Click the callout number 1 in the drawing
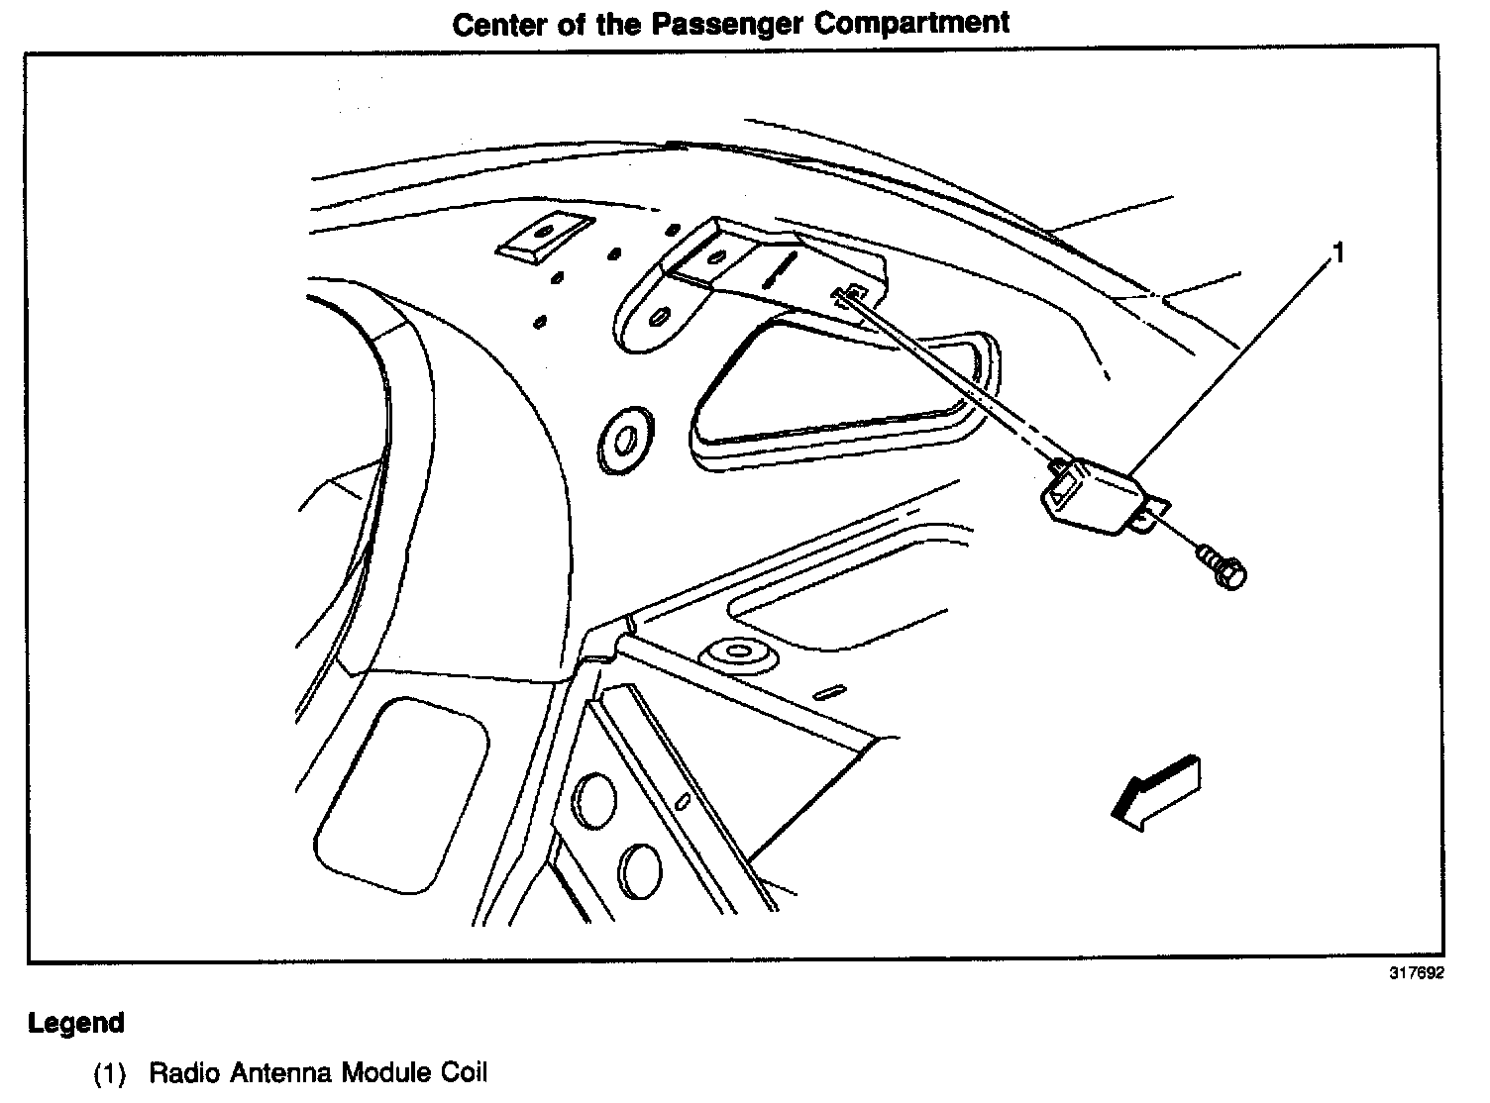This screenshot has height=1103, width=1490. coord(1338,254)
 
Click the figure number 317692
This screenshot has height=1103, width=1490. coord(1417,972)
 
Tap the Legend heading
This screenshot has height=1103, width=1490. coord(76,1023)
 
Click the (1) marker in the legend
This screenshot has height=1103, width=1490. coord(110,1073)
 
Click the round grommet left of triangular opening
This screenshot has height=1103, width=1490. coord(623,436)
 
